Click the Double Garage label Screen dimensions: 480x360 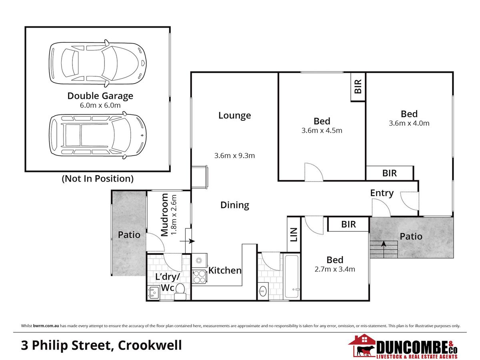click(x=100, y=96)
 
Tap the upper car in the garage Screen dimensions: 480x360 click(x=98, y=63)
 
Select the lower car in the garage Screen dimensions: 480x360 click(x=98, y=135)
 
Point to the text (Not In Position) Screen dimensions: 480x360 click(x=98, y=178)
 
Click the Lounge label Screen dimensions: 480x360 click(x=234, y=116)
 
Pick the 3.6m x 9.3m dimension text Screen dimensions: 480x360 click(x=234, y=156)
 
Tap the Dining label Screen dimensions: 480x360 click(x=235, y=205)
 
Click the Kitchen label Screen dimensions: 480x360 click(x=225, y=270)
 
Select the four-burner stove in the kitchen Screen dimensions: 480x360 click(x=199, y=276)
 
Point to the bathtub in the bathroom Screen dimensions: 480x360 click(x=292, y=276)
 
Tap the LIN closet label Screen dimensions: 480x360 click(x=294, y=234)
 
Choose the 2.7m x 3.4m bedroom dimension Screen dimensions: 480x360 click(x=335, y=269)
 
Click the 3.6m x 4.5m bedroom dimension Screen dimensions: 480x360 click(x=322, y=130)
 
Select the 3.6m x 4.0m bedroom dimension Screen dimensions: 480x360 click(x=409, y=123)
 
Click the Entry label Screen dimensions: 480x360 click(x=382, y=193)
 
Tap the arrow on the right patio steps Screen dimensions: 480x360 click(x=384, y=249)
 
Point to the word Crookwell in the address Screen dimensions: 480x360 click(x=150, y=345)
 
